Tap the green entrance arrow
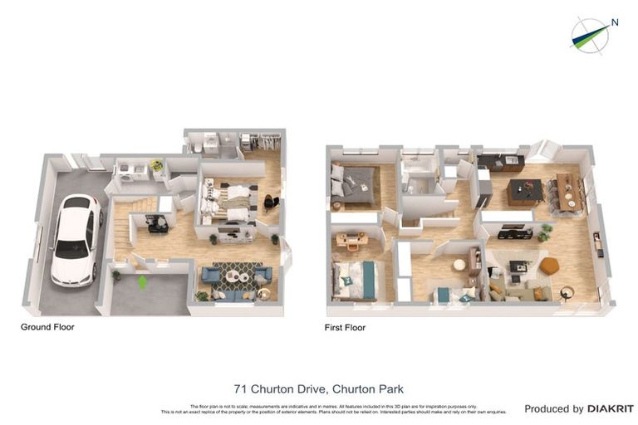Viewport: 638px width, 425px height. [142, 282]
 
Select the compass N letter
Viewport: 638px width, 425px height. [615, 22]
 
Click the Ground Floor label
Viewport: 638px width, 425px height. [47, 327]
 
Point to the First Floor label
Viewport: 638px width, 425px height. [345, 328]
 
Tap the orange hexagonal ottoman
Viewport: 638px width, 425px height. [549, 266]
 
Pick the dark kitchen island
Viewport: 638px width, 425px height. [525, 192]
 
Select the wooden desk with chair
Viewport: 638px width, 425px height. [351, 241]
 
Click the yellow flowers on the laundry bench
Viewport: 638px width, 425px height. [155, 164]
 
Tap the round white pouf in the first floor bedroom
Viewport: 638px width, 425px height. [459, 265]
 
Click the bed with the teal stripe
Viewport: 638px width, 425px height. [355, 280]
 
